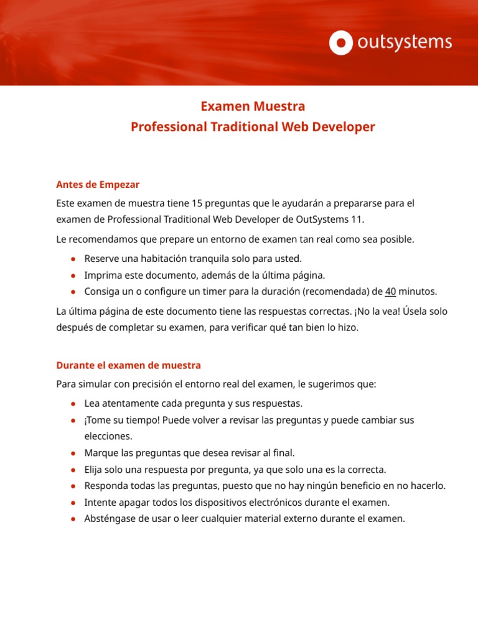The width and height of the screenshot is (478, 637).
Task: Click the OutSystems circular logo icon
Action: tap(341, 42)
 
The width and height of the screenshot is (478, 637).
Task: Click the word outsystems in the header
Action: tap(404, 42)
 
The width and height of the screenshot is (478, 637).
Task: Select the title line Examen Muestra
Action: tap(253, 106)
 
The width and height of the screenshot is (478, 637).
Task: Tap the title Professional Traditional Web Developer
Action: tap(253, 127)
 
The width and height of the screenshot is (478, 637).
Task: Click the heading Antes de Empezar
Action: tap(98, 184)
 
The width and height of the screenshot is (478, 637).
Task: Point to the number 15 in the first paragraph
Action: tap(198, 203)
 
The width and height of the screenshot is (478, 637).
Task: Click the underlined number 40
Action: tap(390, 291)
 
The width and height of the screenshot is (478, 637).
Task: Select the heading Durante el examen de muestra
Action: tap(128, 365)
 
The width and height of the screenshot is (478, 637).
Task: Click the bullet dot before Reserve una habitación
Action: tap(73, 258)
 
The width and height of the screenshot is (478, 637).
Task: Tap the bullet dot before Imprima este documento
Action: tap(73, 275)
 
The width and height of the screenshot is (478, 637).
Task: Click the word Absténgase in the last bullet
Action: tap(109, 518)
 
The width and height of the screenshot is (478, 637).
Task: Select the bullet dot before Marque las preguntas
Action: tap(73, 453)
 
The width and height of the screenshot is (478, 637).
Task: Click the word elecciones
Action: tap(108, 437)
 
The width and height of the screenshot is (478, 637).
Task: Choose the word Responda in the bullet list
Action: tap(105, 485)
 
